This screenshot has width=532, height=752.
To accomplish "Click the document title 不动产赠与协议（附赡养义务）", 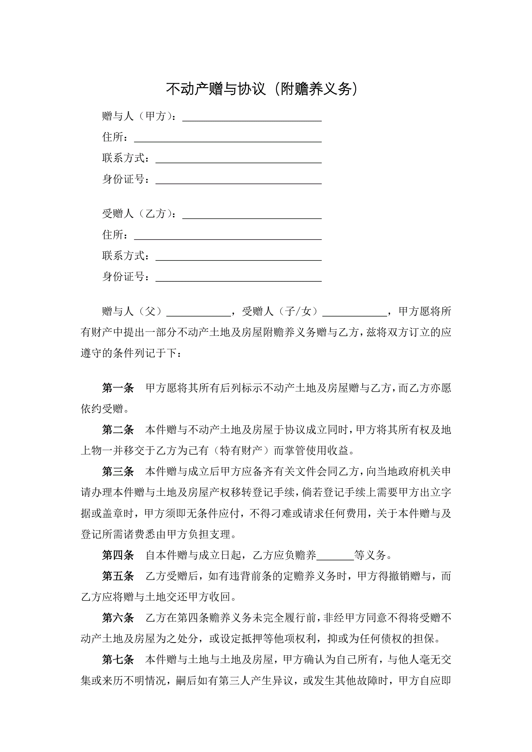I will (x=262, y=89).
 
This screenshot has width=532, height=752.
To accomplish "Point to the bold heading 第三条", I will (x=118, y=472).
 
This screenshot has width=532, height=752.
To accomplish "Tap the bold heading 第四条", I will (x=118, y=555).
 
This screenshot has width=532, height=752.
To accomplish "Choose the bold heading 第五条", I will (x=118, y=576).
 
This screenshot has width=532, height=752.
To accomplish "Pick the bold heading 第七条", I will (x=118, y=660).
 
